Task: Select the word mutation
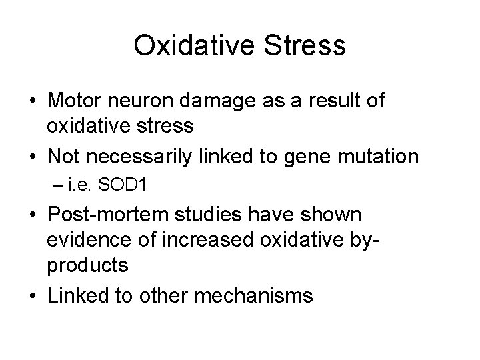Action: coord(377,157)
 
